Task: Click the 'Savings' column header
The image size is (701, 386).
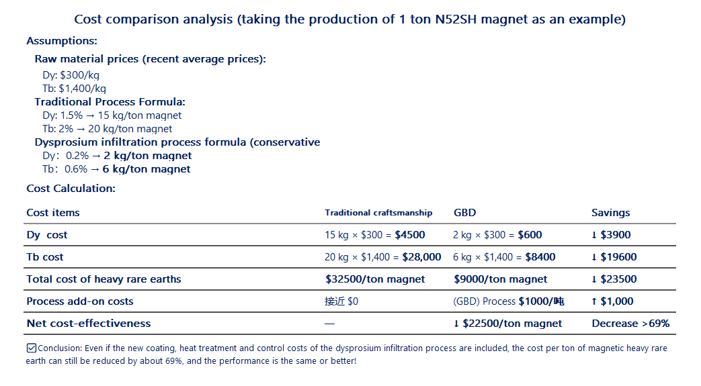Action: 610,213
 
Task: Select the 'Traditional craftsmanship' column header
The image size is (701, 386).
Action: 378,213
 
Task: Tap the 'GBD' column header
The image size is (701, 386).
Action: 464,213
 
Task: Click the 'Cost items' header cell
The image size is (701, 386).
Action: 53,213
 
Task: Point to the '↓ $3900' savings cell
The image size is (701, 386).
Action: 611,235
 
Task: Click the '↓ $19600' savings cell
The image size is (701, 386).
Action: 614,257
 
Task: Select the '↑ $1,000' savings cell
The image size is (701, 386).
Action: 612,301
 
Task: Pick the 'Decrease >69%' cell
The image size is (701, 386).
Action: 630,324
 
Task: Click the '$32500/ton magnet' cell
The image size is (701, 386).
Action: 374,279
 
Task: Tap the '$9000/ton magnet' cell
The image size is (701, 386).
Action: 500,279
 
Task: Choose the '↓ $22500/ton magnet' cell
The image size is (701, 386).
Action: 507,324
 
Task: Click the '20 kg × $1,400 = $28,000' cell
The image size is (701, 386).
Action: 382,257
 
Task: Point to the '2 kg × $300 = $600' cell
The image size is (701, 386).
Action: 497,235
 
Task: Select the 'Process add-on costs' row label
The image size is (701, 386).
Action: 80,301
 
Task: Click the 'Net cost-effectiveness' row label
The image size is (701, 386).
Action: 89,324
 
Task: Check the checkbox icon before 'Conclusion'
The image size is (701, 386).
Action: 32,348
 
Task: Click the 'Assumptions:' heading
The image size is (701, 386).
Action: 62,41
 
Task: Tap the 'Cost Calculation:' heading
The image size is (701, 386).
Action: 71,189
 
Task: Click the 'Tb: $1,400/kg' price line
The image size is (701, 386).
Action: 74,89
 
